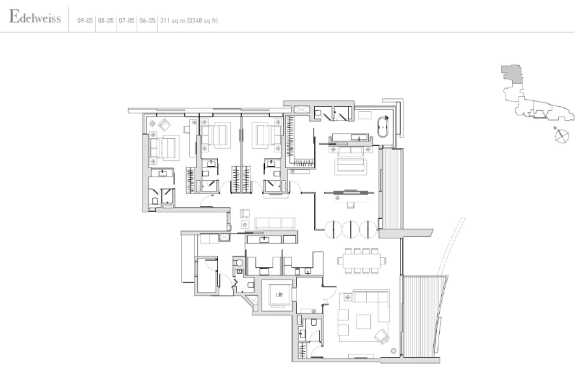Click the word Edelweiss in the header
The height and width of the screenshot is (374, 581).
(x=35, y=17)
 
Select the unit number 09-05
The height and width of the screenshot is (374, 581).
(x=85, y=21)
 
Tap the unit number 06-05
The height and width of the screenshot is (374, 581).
(x=147, y=21)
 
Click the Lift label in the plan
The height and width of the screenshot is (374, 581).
(x=279, y=295)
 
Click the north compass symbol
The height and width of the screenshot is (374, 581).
(x=561, y=136)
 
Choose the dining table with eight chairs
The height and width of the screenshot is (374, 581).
(x=362, y=261)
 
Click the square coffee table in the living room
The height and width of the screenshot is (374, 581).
(x=364, y=322)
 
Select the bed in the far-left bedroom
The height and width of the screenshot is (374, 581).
(x=164, y=148)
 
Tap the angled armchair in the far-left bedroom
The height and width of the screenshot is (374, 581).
(x=164, y=124)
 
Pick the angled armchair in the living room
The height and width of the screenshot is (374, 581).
(x=382, y=336)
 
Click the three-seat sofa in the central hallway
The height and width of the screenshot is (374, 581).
(x=275, y=223)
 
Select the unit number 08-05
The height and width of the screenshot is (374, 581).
(x=105, y=21)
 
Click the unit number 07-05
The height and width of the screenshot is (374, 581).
(x=126, y=21)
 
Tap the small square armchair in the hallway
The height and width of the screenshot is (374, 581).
(x=245, y=213)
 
